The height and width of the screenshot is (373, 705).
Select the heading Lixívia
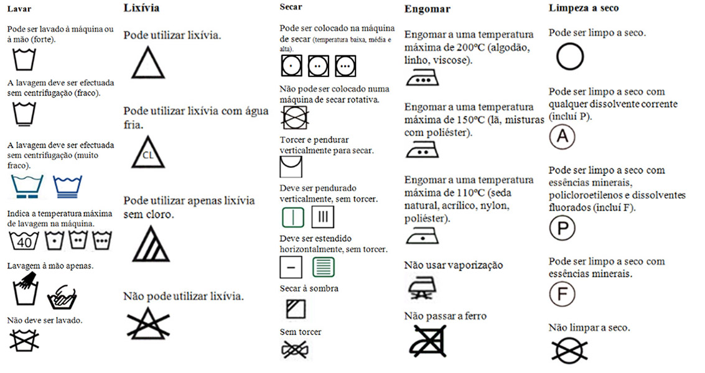141,8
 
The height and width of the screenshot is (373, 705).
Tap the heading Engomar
427,9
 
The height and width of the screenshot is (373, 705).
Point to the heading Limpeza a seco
584,8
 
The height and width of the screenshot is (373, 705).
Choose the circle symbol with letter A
561,137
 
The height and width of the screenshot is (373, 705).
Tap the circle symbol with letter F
561,293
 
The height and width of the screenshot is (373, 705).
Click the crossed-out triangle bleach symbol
147,322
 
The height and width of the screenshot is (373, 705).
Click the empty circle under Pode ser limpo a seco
569,57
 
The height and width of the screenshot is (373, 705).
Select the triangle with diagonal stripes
147,243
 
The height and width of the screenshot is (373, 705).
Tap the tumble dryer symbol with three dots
345,65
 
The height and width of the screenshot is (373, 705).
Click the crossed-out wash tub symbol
24,339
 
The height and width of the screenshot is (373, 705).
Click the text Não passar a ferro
445,316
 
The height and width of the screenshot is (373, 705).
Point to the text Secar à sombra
309,288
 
